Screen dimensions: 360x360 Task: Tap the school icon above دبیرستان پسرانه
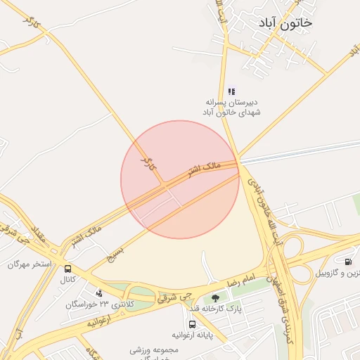click(231, 91)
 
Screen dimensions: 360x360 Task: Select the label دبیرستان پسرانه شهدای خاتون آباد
click(231, 107)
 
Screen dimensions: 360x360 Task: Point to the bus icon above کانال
click(67, 269)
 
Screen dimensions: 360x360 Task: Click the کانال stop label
click(67, 280)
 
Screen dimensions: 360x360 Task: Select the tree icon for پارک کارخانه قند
click(216, 299)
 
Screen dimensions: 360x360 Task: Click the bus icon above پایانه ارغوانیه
click(191, 325)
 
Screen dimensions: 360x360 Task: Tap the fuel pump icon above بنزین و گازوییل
click(348, 262)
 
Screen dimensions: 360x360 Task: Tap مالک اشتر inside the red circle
click(203, 168)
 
